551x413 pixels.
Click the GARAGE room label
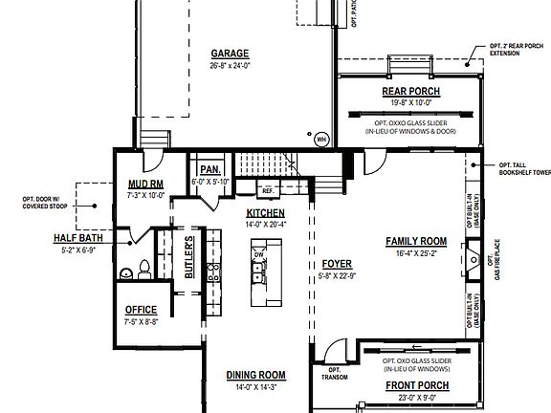click(230, 54)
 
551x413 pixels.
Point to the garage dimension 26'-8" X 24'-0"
click(230, 66)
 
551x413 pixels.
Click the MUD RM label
click(146, 184)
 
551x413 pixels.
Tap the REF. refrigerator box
click(268, 191)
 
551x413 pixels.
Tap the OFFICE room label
click(141, 310)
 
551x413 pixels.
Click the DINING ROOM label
click(255, 375)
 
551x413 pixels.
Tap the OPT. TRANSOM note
click(336, 373)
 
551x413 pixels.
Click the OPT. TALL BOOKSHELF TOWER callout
click(523, 168)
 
